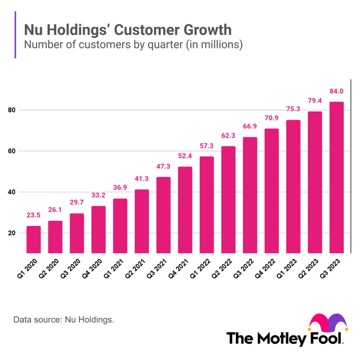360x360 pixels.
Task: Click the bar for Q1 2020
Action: pyautogui.click(x=34, y=240)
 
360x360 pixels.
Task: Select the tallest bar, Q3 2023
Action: pyautogui.click(x=336, y=178)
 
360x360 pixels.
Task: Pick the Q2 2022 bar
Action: pyautogui.click(x=228, y=200)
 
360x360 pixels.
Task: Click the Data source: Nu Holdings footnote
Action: pyautogui.click(x=63, y=320)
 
